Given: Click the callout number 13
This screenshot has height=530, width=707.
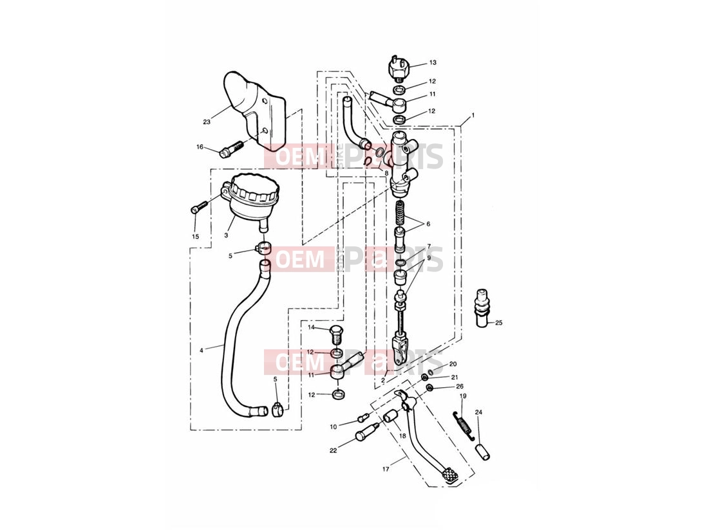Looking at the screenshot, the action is pos(433,62).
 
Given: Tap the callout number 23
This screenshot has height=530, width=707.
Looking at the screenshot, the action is pos(207,122).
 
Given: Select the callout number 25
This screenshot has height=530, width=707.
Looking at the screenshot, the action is pos(498,323).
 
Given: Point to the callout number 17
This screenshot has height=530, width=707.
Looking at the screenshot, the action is pos(386,469).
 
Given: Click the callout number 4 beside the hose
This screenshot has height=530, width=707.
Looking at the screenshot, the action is pos(201,349).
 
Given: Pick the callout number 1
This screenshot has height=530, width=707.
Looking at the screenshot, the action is pos(473,115).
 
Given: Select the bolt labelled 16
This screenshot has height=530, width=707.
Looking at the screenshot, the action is pos(231,150).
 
